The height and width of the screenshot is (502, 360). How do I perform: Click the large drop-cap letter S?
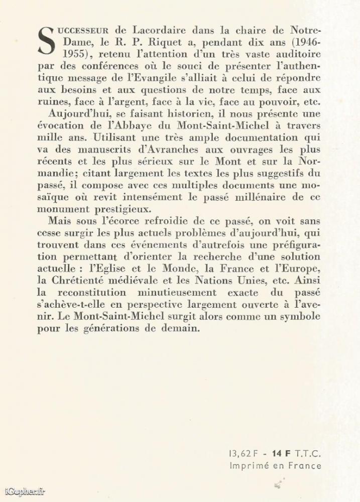46,39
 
